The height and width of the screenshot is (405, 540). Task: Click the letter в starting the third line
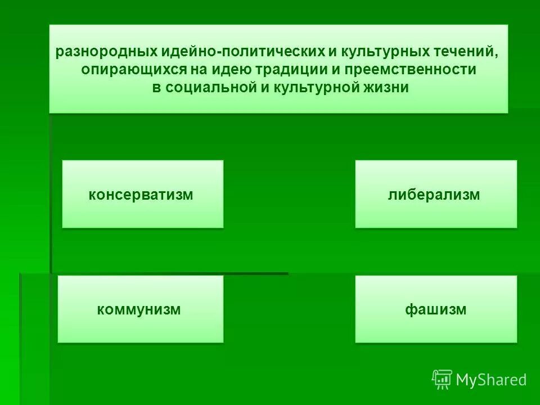[156, 88]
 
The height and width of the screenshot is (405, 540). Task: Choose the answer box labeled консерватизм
[142, 194]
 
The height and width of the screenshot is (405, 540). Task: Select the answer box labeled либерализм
[435, 194]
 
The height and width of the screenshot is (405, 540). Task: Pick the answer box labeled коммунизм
[141, 309]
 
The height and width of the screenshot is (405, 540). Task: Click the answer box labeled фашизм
[435, 309]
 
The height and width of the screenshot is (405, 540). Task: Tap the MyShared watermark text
[491, 380]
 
